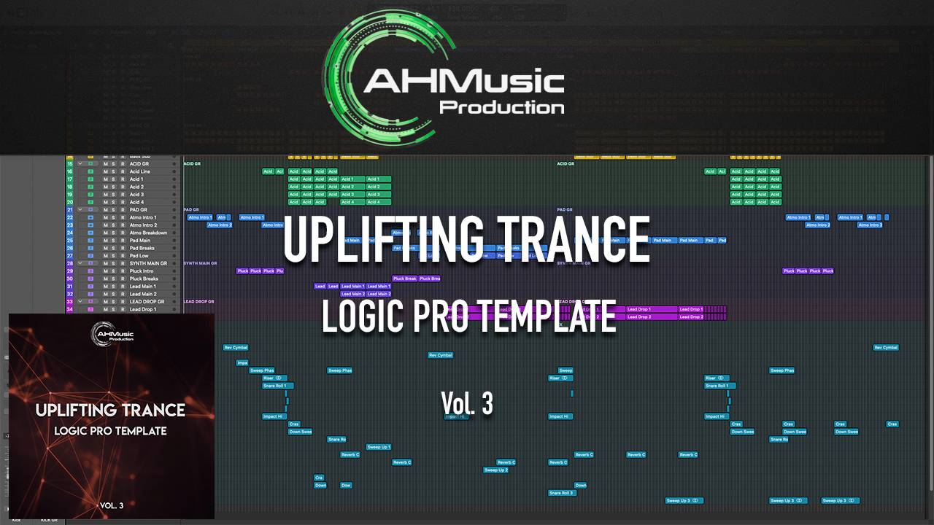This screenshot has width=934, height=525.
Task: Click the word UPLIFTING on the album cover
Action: point(79,410)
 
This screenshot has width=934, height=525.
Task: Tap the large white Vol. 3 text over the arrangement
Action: point(467,403)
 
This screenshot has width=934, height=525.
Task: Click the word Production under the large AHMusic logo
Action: point(501,108)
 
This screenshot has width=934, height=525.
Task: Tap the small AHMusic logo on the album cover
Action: point(111,335)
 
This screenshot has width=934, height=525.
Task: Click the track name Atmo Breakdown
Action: point(148,233)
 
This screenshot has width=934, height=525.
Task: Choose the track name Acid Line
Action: point(140,171)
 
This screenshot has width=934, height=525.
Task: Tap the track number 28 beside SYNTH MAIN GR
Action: point(70,263)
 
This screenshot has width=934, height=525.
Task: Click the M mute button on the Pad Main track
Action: point(106,241)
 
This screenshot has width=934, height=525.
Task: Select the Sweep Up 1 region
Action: point(379,447)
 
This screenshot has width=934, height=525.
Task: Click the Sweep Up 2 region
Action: point(495,470)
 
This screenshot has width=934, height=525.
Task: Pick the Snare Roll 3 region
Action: point(562,493)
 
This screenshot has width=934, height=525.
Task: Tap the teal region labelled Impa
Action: point(242,362)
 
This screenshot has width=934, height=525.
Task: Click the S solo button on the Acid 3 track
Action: point(114,195)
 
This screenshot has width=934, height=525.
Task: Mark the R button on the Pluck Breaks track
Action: point(123,279)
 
